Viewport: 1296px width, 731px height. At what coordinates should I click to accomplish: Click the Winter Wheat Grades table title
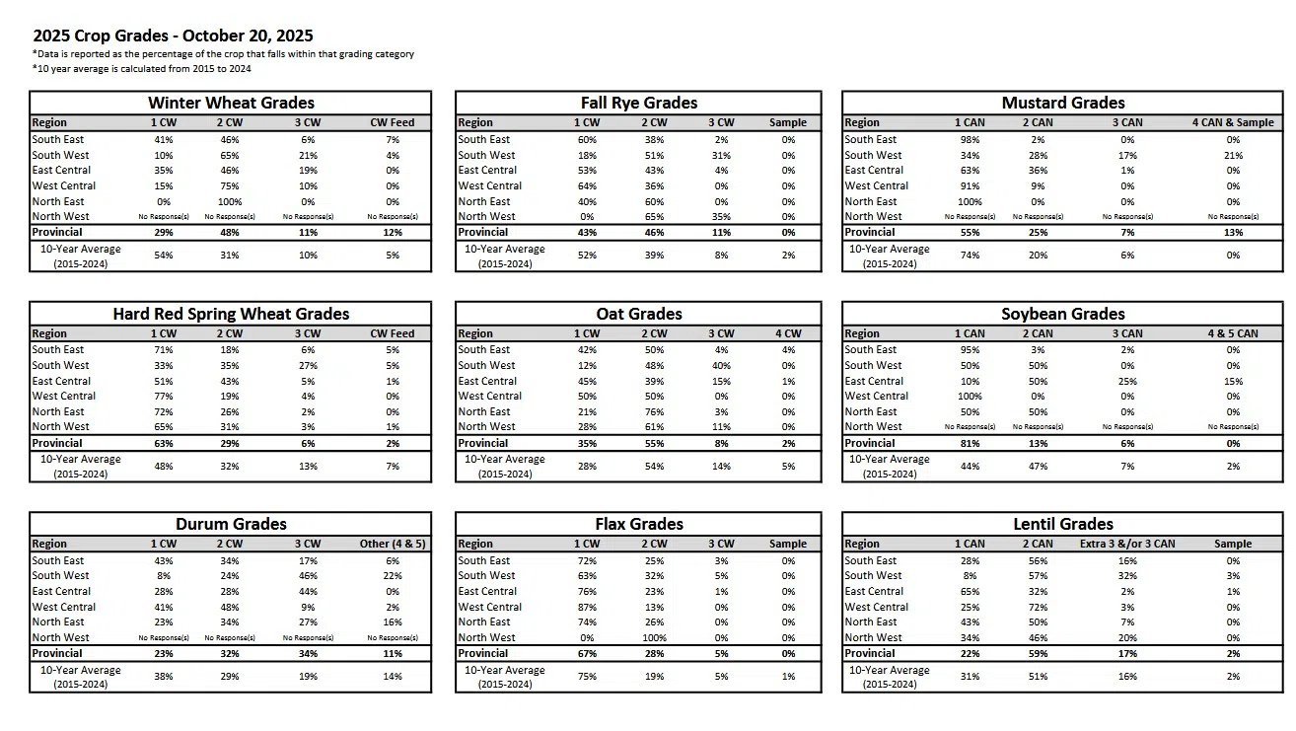(x=231, y=103)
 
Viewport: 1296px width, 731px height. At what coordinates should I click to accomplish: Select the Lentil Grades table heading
(x=1062, y=524)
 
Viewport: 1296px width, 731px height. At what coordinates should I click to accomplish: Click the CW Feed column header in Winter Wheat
(x=392, y=122)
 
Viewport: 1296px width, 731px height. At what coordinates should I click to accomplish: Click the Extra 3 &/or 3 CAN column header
(x=1127, y=544)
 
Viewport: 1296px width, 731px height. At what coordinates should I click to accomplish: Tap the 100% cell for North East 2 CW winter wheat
(x=229, y=201)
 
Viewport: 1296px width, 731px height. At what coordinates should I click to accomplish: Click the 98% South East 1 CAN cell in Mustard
(x=970, y=139)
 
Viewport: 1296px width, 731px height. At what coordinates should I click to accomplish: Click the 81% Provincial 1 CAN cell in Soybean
(x=970, y=443)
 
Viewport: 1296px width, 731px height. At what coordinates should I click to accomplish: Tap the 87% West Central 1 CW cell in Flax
(x=587, y=607)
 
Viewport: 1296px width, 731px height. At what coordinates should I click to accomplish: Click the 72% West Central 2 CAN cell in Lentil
(x=1037, y=607)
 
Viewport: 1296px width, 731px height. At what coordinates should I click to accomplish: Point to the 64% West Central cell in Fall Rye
(x=587, y=185)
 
